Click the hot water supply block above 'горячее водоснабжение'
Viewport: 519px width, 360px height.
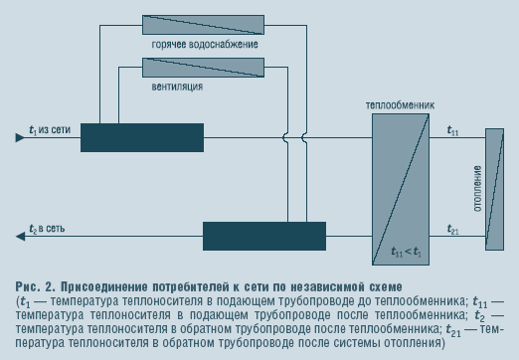203,25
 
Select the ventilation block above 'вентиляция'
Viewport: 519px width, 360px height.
203,68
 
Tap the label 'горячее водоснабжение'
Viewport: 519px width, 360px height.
205,45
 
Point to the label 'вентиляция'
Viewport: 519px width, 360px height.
177,87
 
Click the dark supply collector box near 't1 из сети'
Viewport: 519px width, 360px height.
142,138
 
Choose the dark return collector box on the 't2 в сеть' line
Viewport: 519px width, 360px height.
264,236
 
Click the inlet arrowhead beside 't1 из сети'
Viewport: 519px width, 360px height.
20,137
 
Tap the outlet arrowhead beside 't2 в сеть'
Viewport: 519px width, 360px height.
20,237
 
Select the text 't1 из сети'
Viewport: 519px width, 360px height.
50,129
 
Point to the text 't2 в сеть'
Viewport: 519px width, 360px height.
47,229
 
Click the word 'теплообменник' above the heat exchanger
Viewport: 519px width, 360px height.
400,105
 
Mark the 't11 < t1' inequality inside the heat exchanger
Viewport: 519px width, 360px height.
406,252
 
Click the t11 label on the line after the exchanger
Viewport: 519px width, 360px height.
452,130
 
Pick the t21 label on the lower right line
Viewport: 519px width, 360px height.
452,229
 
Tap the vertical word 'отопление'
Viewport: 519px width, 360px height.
477,189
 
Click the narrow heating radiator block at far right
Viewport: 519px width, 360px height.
494,189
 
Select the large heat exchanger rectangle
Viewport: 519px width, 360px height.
401,189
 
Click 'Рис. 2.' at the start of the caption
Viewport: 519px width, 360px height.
36,286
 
